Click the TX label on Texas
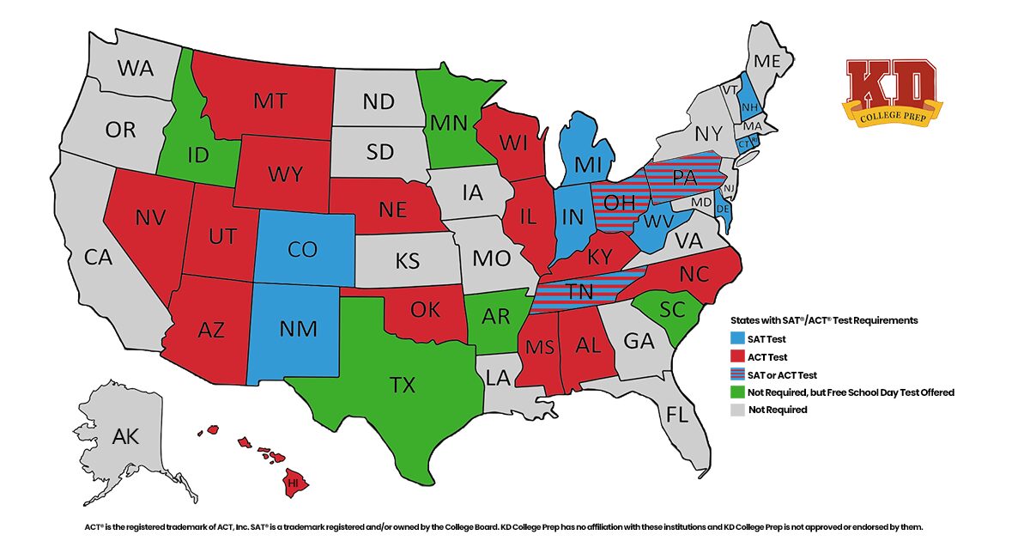click(403, 385)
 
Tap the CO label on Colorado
click(303, 249)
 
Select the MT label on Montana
click(270, 100)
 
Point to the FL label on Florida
click(677, 415)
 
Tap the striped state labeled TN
click(580, 292)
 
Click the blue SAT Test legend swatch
click(736, 339)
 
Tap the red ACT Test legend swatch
click(736, 356)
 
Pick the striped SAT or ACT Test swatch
click(736, 374)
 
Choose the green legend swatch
click(736, 392)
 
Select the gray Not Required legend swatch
click(736, 410)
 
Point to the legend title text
click(823, 320)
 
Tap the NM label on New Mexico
click(298, 328)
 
